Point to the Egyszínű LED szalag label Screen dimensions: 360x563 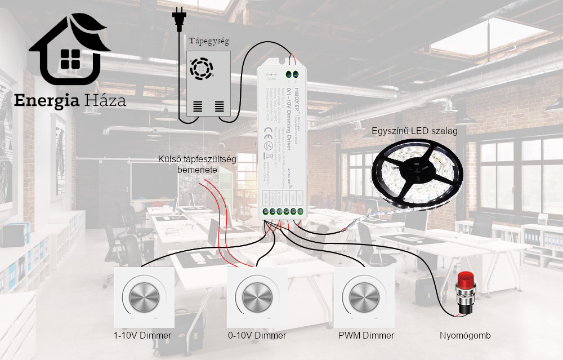pos(414,131)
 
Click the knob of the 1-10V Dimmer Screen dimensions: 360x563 pos(141,296)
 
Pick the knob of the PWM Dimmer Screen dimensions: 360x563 pos(361,296)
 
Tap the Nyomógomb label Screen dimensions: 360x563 pos(465,336)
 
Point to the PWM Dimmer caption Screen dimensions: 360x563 pos(366,336)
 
